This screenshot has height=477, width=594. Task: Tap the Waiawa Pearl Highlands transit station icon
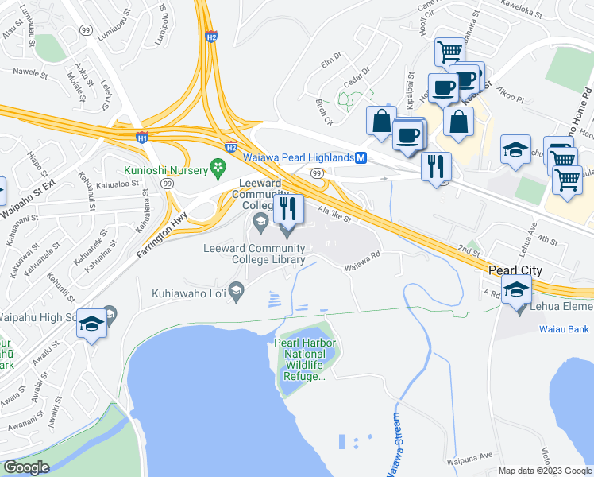[361, 157]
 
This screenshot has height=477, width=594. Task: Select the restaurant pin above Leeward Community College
[288, 209]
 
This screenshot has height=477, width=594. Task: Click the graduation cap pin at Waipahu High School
[93, 324]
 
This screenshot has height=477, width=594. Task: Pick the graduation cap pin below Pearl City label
[516, 293]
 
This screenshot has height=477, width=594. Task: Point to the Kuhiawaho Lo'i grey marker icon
[235, 289]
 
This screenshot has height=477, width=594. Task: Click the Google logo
[27, 467]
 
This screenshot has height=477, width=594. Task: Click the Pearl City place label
[515, 270]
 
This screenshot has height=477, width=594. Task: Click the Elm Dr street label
[330, 57]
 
